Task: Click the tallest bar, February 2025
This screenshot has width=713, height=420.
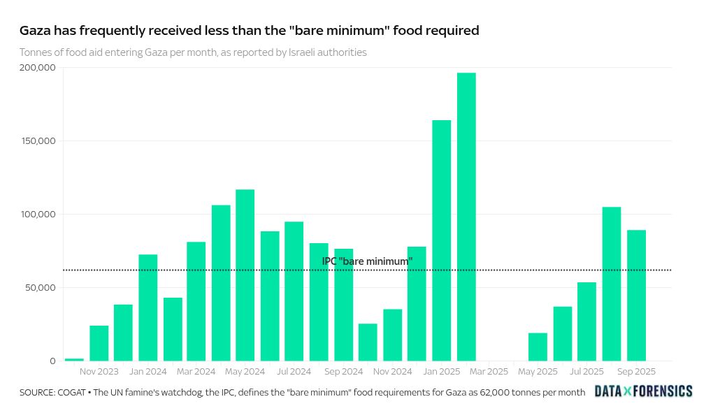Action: click(466, 217)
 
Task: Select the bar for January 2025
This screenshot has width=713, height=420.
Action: click(442, 240)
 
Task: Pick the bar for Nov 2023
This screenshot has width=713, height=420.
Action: click(99, 343)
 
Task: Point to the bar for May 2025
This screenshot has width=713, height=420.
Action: click(538, 347)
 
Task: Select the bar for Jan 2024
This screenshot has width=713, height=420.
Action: click(147, 307)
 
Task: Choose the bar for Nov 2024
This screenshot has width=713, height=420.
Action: click(392, 335)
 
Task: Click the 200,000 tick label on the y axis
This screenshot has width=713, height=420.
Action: click(38, 68)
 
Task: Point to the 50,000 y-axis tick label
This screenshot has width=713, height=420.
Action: click(41, 288)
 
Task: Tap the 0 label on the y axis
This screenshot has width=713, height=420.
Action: click(52, 361)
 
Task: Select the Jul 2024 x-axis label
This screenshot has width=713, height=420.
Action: click(294, 372)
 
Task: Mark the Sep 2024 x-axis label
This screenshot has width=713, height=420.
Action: click(343, 372)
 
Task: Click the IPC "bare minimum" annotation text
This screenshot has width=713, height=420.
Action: click(367, 261)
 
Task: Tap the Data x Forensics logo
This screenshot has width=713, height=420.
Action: click(643, 391)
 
